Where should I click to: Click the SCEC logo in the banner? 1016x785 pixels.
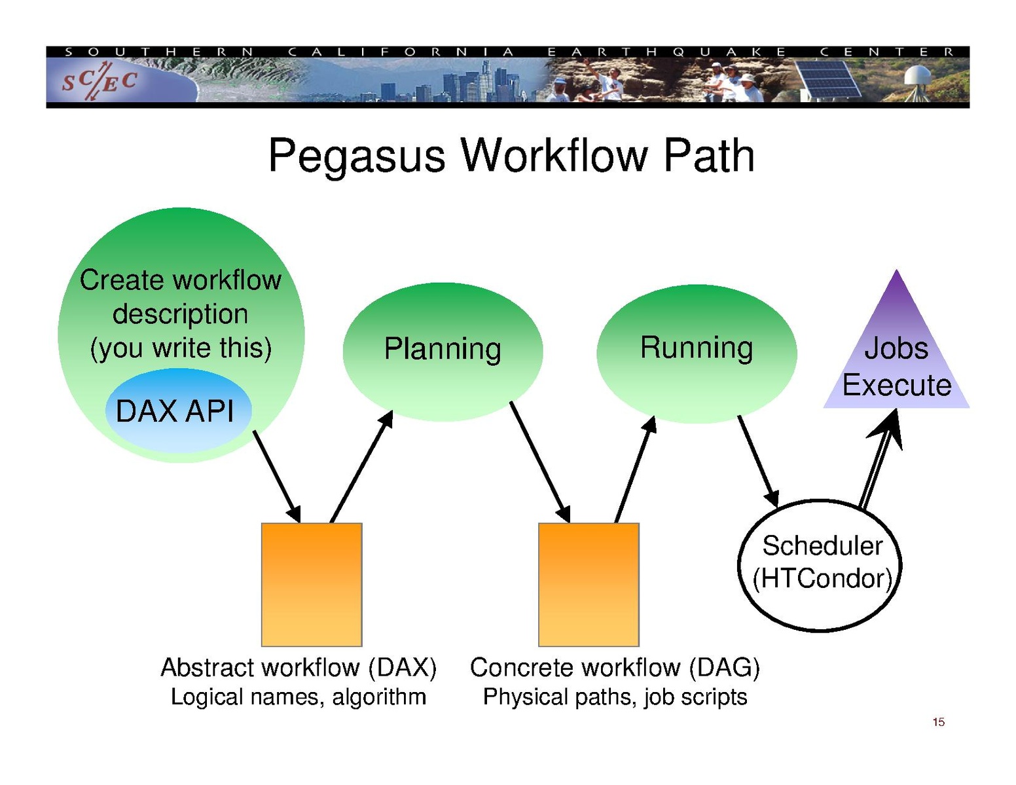[100, 82]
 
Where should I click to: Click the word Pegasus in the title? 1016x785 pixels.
[357, 156]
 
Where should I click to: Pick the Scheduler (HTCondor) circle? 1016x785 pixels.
[821, 564]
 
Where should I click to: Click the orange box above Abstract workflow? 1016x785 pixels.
[312, 584]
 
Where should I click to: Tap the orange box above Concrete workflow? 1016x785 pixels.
[589, 584]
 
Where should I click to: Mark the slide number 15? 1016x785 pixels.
[938, 722]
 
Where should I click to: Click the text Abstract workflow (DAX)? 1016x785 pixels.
[299, 668]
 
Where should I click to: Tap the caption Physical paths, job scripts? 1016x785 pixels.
[615, 697]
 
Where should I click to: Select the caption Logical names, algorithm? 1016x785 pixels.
[299, 697]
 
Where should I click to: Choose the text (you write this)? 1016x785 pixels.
[181, 348]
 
